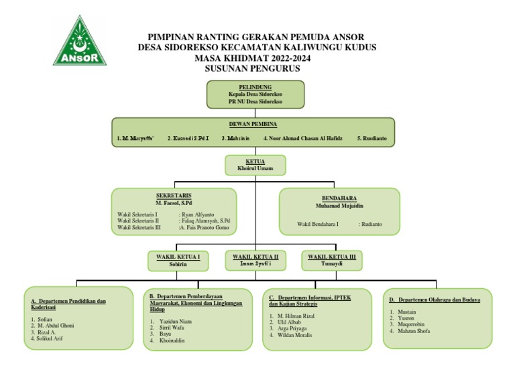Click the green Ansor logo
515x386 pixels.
coord(80,43)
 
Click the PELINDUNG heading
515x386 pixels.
coord(255,87)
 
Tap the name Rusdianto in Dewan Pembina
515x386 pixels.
coord(375,138)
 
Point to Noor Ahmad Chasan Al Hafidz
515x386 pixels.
coord(303,138)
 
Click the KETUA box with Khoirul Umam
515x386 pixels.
coord(255,165)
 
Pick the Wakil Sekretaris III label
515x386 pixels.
coord(139,228)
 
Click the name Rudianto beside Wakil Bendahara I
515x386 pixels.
coord(370,224)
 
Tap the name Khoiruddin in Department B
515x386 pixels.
coord(172,340)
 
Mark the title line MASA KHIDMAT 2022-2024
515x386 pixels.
coord(257,58)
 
